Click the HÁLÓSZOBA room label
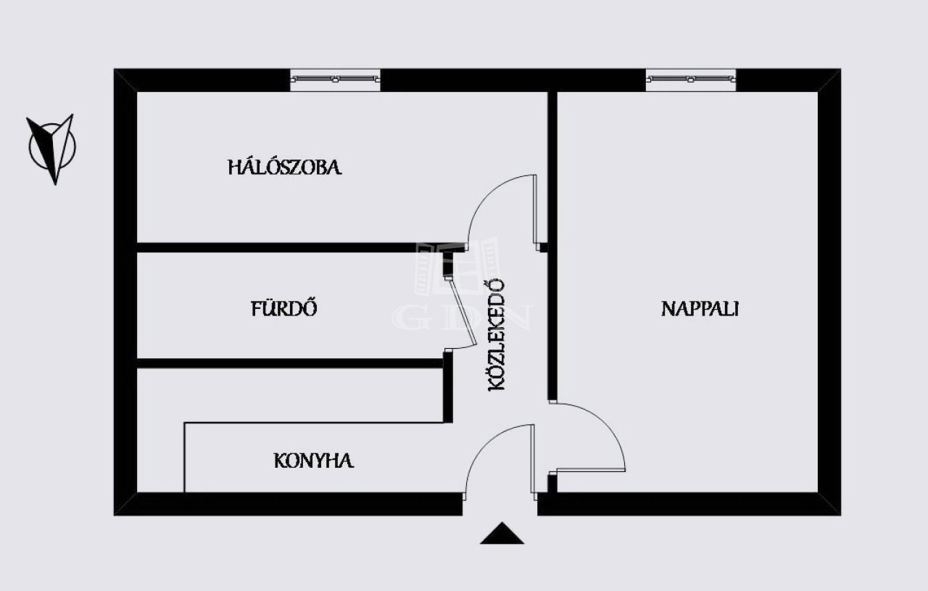click(x=285, y=167)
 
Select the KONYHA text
click(x=314, y=460)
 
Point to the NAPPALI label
click(x=700, y=309)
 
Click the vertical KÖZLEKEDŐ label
click(x=497, y=335)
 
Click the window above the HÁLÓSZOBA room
click(x=335, y=79)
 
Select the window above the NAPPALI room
click(x=691, y=79)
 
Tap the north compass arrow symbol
click(x=52, y=148)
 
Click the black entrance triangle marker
click(x=502, y=533)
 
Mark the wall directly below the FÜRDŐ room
click(x=290, y=363)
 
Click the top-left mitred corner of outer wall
click(x=125, y=80)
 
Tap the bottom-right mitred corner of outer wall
click(x=829, y=504)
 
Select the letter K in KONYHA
click(x=280, y=460)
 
